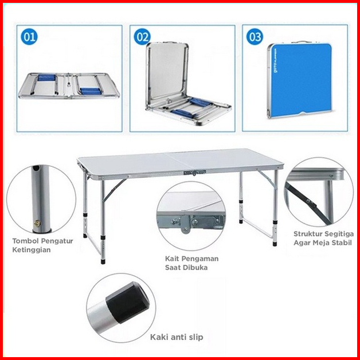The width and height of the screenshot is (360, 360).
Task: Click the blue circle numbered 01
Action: (29, 37)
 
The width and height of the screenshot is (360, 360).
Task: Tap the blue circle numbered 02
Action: (142, 37)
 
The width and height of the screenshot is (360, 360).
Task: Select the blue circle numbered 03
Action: (255, 37)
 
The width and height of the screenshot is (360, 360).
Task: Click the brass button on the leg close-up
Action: (37, 223)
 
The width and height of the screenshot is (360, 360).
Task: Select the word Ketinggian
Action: (32, 250)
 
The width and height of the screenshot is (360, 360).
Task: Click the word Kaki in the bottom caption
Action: (158, 337)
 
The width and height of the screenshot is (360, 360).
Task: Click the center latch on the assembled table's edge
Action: (194, 173)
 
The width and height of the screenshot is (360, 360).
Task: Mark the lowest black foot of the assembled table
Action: (103, 261)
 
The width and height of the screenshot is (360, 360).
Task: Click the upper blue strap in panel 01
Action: (46, 77)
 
